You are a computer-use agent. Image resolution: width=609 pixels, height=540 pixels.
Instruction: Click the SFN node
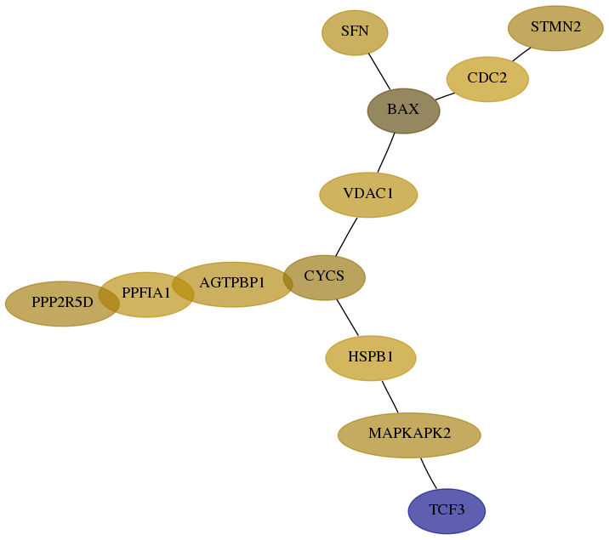[x=355, y=32]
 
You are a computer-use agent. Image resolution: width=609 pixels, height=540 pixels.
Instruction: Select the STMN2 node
[x=555, y=28]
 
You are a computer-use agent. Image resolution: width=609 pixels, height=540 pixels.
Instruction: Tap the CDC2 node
[x=487, y=79]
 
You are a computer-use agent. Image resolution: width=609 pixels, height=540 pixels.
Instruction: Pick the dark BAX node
[x=403, y=111]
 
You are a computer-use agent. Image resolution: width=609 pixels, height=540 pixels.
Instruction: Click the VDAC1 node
[x=368, y=195]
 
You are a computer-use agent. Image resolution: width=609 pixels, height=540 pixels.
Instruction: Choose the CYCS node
[x=324, y=277]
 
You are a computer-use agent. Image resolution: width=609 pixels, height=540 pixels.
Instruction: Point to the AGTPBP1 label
[x=232, y=282]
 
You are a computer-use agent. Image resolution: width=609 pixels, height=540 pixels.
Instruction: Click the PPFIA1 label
[x=146, y=293]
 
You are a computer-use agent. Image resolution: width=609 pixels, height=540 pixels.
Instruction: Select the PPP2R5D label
[x=62, y=302]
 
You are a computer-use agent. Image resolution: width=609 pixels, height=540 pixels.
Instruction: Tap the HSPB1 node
[x=371, y=358]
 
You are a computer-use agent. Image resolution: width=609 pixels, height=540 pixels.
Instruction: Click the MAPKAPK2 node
[x=409, y=435]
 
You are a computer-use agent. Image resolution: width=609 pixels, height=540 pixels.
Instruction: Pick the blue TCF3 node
[x=447, y=511]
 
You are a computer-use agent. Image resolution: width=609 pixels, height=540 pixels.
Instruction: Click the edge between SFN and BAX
[x=379, y=71]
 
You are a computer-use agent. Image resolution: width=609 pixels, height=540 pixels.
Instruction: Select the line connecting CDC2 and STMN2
[x=521, y=54]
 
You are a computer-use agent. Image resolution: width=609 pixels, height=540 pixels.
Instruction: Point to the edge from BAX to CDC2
[x=445, y=96]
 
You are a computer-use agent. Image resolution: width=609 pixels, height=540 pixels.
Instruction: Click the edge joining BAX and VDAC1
[x=386, y=152]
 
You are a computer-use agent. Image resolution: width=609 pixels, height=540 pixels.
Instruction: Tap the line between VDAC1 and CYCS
[x=346, y=236]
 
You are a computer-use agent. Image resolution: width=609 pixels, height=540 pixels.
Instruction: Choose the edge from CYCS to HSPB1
[x=347, y=317]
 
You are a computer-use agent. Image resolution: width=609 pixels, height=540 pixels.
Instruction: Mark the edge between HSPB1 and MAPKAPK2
[x=390, y=397]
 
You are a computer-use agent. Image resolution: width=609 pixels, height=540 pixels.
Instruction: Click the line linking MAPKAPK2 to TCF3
[x=428, y=474]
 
